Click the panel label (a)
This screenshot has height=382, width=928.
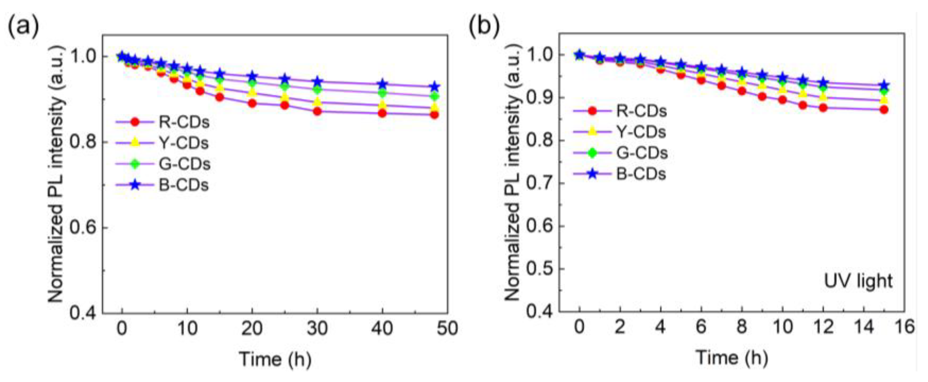coord(23,27)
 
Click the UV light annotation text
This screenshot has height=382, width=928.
coord(858,281)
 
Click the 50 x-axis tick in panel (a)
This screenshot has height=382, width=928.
coord(447,328)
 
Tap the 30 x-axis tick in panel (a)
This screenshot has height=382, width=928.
coord(317,328)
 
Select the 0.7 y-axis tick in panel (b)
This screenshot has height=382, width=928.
coord(539,183)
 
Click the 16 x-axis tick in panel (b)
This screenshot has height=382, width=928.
coord(904,327)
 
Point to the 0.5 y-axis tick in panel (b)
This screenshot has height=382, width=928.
coord(539,269)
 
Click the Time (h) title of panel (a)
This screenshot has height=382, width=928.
coord(275,359)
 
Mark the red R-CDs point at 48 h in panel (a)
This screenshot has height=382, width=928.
coord(434,115)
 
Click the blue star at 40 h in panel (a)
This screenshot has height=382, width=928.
coord(382,85)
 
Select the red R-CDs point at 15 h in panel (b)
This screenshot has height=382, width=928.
coord(884,110)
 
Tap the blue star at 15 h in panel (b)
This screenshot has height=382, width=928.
coord(884,86)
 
